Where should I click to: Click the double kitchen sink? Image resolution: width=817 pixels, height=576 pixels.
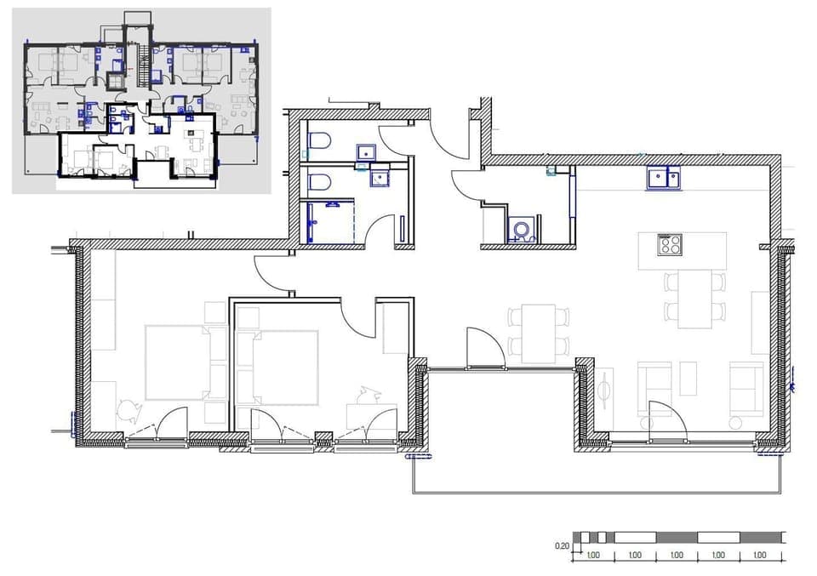pos(663,180)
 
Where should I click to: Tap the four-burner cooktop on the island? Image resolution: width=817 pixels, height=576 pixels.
pos(669,245)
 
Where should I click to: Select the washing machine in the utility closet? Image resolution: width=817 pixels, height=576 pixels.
pos(521,230)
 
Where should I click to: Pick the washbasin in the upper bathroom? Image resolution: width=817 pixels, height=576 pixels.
pos(367,152)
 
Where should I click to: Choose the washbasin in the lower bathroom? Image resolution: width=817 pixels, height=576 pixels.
pos(380,178)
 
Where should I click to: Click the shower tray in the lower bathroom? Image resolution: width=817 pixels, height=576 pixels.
pos(329,221)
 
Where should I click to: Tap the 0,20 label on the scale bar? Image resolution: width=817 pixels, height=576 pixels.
pos(562,545)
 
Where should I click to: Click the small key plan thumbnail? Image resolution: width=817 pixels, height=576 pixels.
pos(141,100)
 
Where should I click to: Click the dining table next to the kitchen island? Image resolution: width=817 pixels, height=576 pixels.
pos(695,299)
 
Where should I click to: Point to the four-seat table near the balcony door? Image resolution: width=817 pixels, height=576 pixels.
pos(539,333)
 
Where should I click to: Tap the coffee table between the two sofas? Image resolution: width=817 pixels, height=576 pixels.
pos(688,379)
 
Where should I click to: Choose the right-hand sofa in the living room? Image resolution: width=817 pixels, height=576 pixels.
pos(746,388)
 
